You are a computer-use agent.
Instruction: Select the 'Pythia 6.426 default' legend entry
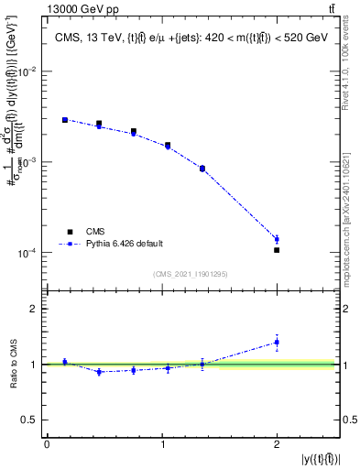(x=123, y=244)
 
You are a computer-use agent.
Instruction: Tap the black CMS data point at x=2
(x=277, y=249)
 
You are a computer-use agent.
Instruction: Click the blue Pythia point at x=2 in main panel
(x=277, y=239)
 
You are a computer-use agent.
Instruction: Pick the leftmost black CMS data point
(x=64, y=119)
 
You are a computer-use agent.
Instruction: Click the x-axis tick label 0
(x=47, y=444)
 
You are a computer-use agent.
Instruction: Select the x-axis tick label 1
(x=162, y=444)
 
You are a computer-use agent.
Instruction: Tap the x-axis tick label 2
(x=277, y=444)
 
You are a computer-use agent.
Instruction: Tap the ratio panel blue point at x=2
(x=277, y=342)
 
